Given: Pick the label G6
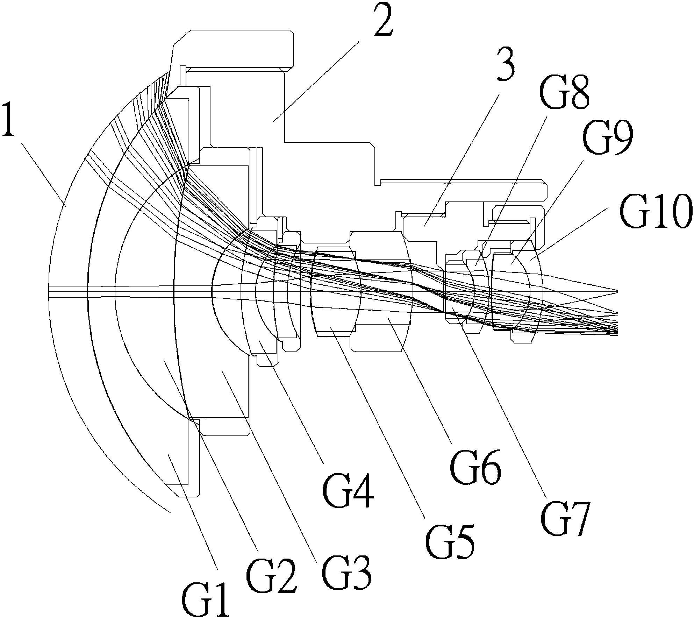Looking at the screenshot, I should tap(476, 465).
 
